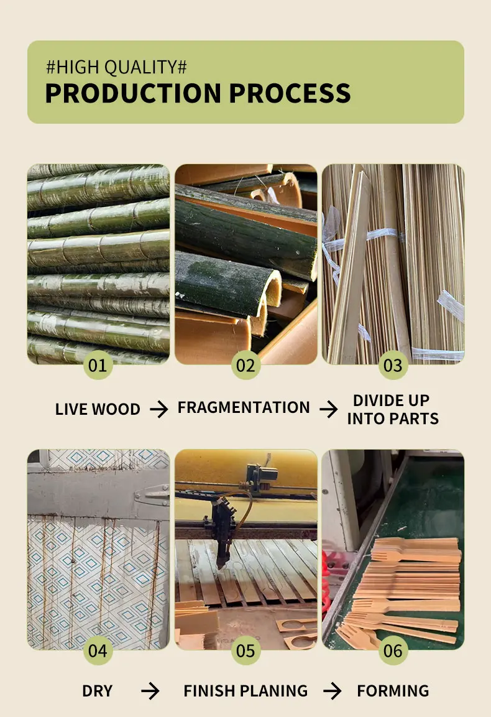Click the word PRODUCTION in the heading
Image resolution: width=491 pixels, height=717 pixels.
click(x=133, y=93)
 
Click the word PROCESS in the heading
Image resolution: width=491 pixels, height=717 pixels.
click(x=290, y=93)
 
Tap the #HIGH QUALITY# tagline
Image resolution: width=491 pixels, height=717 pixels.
click(x=116, y=67)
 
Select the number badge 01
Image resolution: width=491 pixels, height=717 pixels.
click(x=98, y=365)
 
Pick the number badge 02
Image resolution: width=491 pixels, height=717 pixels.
click(x=245, y=365)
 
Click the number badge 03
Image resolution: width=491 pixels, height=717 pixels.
click(x=393, y=365)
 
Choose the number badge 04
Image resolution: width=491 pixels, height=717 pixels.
click(x=98, y=650)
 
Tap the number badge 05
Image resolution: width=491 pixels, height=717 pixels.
click(x=245, y=650)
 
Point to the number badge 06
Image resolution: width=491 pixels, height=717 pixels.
click(x=393, y=650)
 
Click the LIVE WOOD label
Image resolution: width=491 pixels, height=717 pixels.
click(x=98, y=409)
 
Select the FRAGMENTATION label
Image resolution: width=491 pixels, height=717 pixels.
click(x=244, y=408)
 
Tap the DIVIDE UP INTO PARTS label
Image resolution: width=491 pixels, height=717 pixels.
click(x=393, y=409)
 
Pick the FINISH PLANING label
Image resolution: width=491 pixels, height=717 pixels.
click(x=245, y=691)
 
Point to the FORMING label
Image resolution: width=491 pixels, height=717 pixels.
click(x=393, y=691)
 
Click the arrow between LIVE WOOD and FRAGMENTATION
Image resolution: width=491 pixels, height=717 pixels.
click(x=159, y=409)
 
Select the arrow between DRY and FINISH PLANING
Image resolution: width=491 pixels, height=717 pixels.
click(x=150, y=691)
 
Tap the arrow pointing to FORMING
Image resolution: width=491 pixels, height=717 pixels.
click(x=333, y=691)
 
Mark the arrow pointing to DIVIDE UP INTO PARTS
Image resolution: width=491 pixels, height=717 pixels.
click(x=329, y=409)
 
